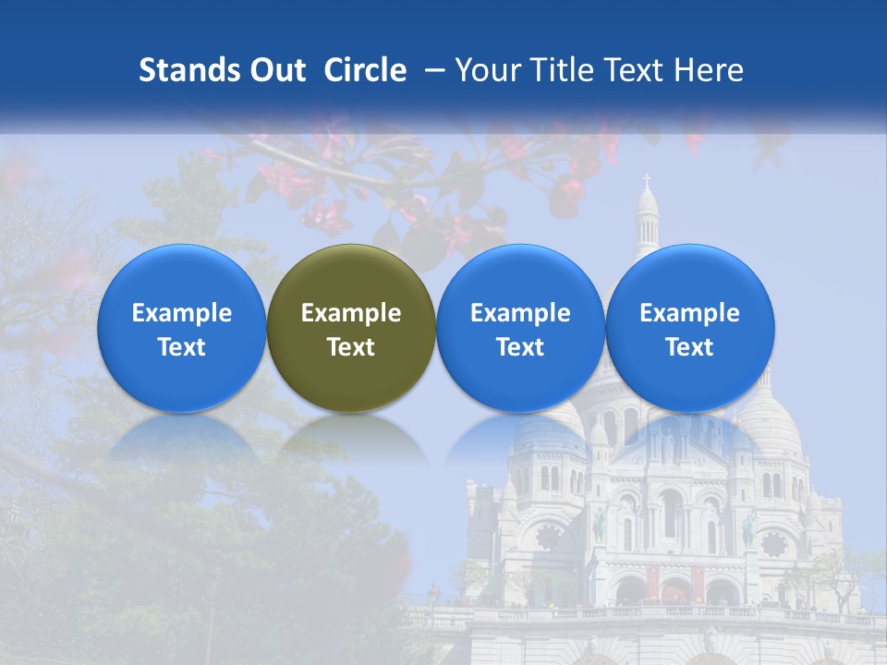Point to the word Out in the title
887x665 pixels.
pos(276,70)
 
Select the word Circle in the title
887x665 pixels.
pos(365,70)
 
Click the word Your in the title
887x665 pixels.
pos(487,70)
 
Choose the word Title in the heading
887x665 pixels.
pos(562,70)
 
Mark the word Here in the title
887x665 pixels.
pos(709,70)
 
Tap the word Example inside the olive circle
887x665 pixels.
pos(351,314)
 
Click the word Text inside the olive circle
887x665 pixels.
pos(351,347)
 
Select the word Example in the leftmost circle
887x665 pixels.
pos(181,314)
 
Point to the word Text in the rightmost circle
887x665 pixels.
pos(689,347)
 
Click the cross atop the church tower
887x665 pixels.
pos(647,179)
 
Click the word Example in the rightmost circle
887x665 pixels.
pos(689,314)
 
